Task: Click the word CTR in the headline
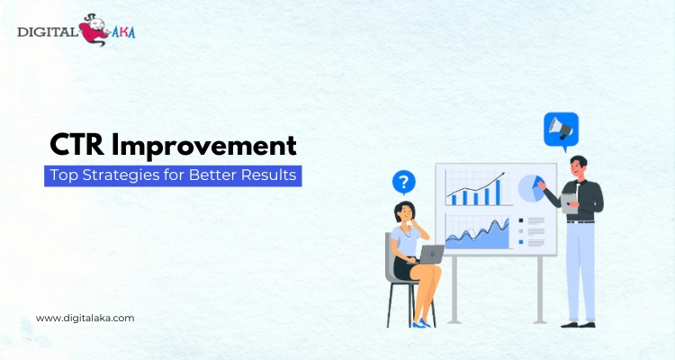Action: click(x=77, y=145)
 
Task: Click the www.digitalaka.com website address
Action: click(x=85, y=319)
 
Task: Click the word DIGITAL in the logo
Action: click(x=47, y=31)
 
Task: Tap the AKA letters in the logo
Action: click(x=123, y=31)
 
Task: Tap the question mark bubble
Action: click(x=404, y=183)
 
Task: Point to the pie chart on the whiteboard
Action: click(x=531, y=188)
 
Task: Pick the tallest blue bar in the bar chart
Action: click(x=498, y=192)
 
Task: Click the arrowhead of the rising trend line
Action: click(x=501, y=175)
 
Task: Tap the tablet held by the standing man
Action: click(x=569, y=202)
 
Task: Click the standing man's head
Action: click(x=578, y=166)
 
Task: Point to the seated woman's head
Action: click(x=404, y=211)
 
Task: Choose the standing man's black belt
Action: click(x=580, y=221)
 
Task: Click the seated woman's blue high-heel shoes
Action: click(x=421, y=323)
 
